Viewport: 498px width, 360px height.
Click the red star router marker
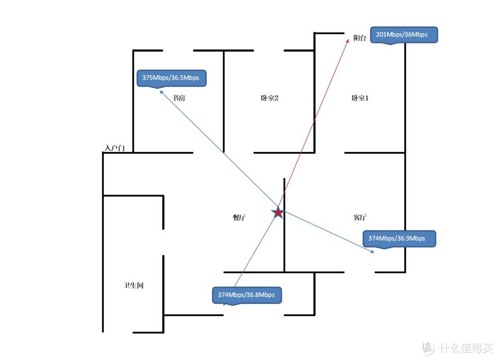(278, 212)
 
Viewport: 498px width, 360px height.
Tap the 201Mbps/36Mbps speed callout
(404, 35)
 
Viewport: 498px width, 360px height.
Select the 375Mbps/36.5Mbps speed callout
(172, 78)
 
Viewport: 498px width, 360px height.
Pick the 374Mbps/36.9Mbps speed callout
(399, 239)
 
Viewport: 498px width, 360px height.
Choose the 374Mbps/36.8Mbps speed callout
(247, 295)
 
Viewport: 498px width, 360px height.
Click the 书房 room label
(178, 98)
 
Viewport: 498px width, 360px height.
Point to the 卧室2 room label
(269, 98)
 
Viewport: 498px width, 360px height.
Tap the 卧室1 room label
(360, 98)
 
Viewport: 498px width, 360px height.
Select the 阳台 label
(360, 38)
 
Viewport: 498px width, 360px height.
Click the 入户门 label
(115, 148)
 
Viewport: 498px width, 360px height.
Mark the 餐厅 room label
(239, 217)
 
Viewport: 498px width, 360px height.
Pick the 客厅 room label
(360, 217)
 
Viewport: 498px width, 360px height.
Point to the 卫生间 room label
(133, 285)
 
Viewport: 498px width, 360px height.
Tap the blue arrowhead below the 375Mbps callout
(161, 92)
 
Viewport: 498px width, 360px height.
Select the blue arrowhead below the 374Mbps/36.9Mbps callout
(373, 252)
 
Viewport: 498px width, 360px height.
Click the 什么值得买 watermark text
(466, 348)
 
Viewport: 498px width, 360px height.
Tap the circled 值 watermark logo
(428, 348)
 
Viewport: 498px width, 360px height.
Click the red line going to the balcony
(313, 124)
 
